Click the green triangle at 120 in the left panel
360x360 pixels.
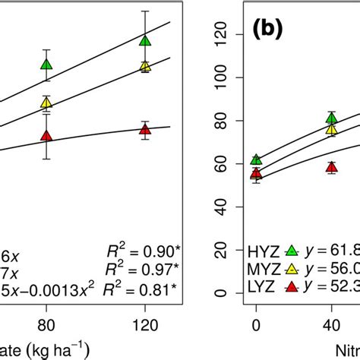pyautogui.click(x=145, y=40)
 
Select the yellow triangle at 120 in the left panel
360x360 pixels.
pyautogui.click(x=145, y=67)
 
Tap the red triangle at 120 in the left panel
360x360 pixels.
pyautogui.click(x=145, y=130)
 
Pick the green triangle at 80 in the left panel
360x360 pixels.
pyautogui.click(x=46, y=65)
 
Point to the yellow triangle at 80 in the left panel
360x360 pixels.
pyautogui.click(x=46, y=103)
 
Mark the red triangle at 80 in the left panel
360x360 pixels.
pyautogui.click(x=46, y=136)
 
